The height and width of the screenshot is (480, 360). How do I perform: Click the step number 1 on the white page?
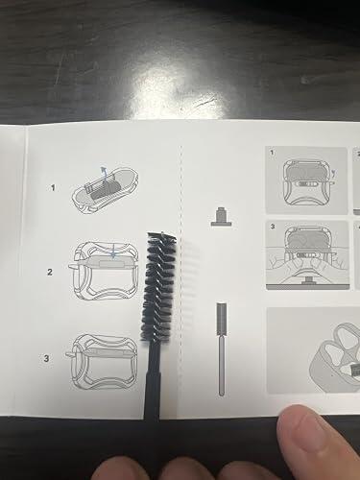[x=53, y=187]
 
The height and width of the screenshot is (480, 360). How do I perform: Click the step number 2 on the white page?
[x=50, y=272]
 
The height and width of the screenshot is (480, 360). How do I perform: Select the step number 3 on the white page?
[x=46, y=358]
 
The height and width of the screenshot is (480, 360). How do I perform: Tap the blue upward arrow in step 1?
[x=104, y=174]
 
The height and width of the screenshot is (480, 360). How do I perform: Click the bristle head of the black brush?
[x=159, y=285]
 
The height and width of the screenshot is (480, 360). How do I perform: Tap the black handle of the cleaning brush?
[x=153, y=380]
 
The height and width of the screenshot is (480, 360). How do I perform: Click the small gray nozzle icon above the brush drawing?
[x=221, y=217]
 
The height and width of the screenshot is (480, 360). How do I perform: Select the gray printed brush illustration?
[x=222, y=348]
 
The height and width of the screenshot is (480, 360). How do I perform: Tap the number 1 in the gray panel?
[x=272, y=153]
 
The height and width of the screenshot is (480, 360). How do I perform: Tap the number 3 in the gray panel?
[x=273, y=227]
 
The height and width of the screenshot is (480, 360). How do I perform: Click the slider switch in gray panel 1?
[x=306, y=184]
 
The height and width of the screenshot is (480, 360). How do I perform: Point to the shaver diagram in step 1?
[x=105, y=190]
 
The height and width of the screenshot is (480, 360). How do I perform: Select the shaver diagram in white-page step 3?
[x=102, y=361]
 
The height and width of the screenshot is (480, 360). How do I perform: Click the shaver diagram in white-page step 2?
[x=104, y=271]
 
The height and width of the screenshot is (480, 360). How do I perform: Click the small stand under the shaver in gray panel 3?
[x=308, y=280]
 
